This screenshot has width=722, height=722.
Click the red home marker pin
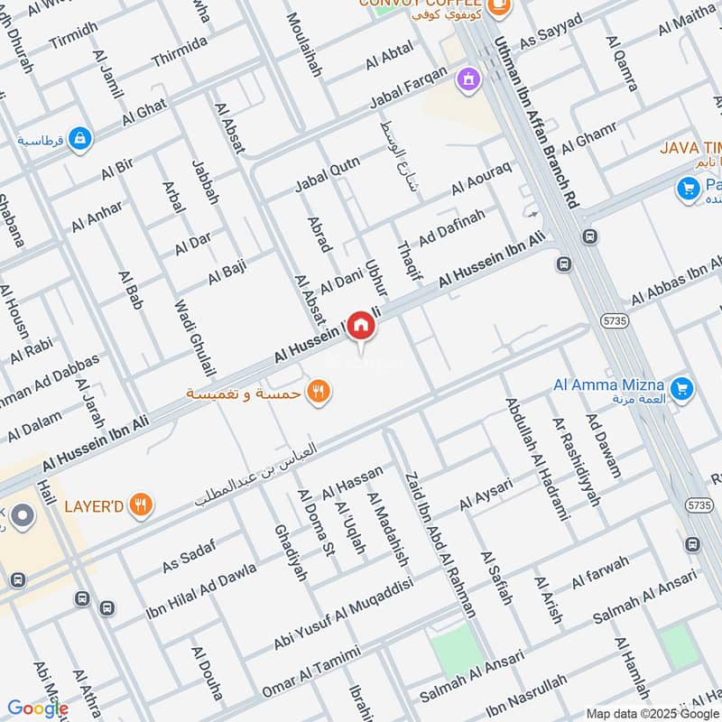[361, 326]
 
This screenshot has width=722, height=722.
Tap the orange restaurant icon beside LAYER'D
[139, 505]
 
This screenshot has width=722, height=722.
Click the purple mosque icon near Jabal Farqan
[467, 80]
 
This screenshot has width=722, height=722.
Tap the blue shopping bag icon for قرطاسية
[80, 140]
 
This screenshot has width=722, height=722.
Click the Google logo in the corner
[38, 708]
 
